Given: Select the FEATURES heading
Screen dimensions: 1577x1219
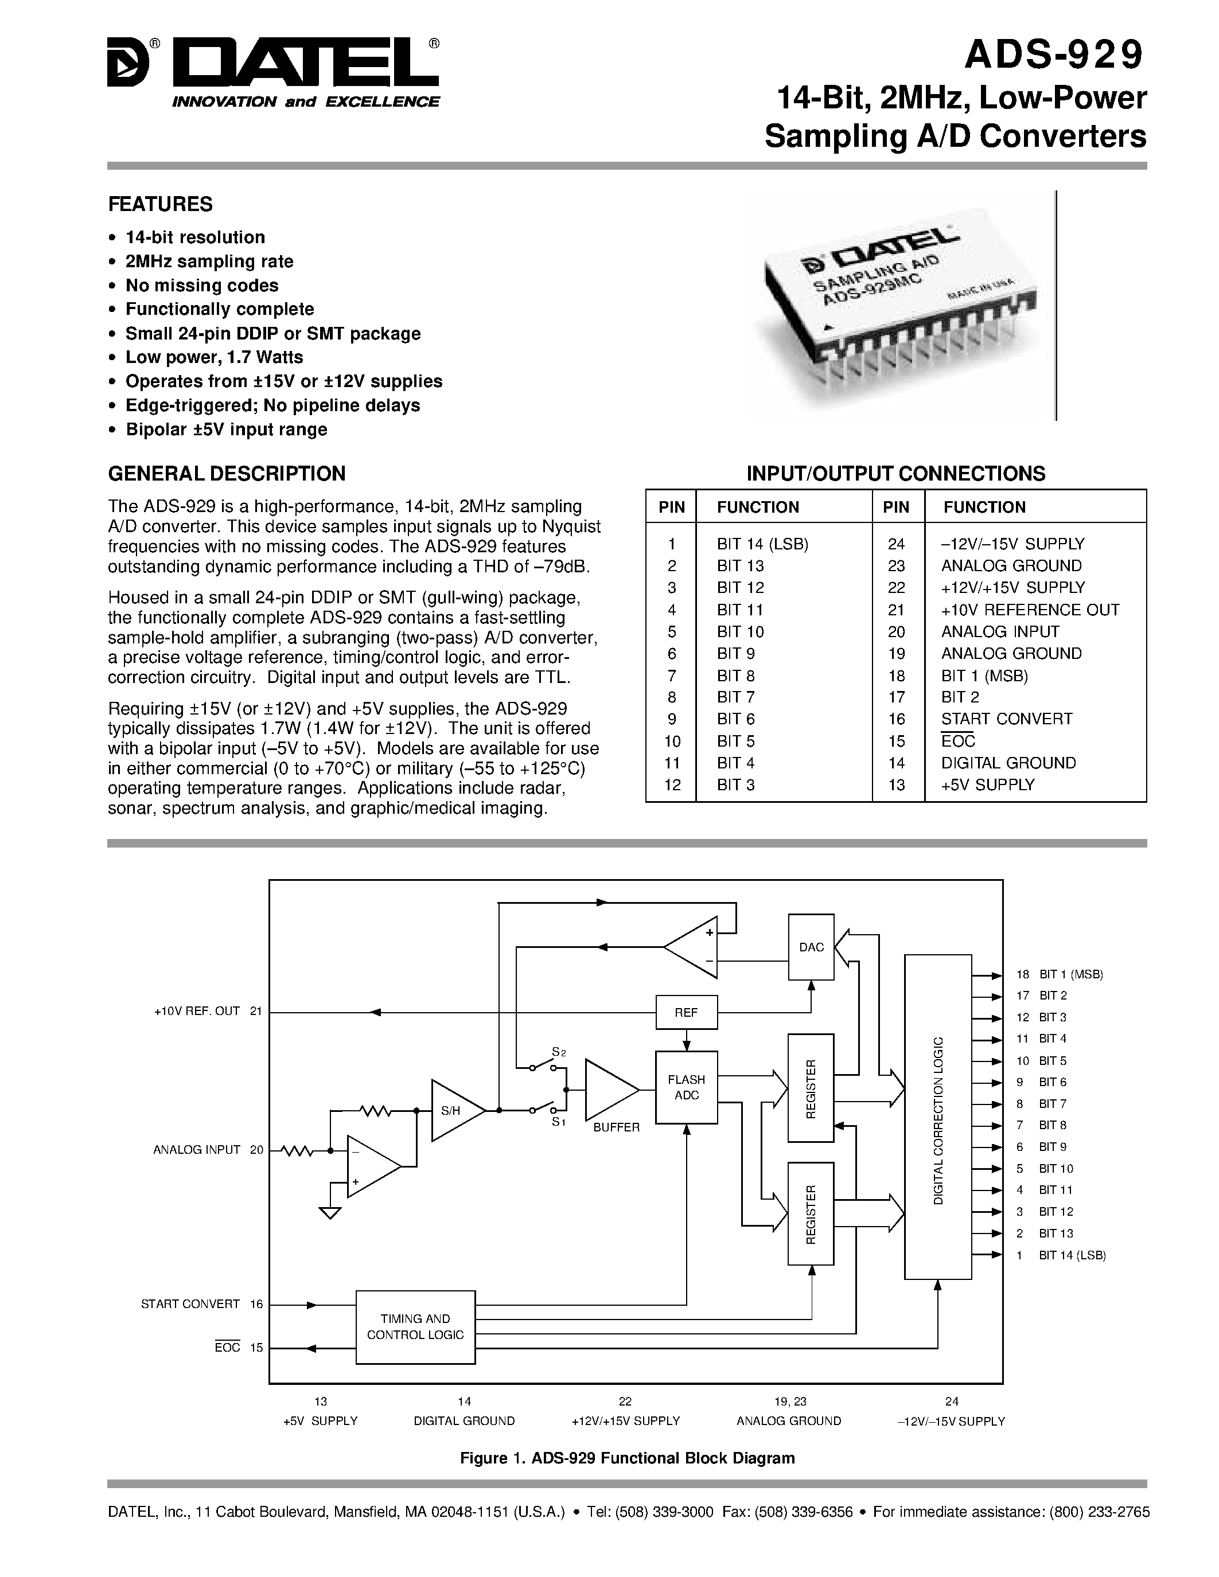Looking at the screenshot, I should pyautogui.click(x=160, y=204).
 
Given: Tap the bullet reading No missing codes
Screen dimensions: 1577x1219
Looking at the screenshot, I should pyautogui.click(x=201, y=285).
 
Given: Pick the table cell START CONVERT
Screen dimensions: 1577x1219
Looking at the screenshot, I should pyautogui.click(x=1006, y=719).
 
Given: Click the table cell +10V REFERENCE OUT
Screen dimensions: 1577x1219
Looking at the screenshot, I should pyautogui.click(x=1030, y=610).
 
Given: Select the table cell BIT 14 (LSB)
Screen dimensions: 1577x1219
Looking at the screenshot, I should pyautogui.click(x=762, y=544).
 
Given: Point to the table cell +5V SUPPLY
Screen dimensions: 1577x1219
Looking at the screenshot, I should pyautogui.click(x=987, y=785).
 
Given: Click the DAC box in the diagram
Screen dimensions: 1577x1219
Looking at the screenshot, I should pyautogui.click(x=811, y=947).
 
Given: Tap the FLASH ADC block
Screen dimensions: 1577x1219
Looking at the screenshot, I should pyautogui.click(x=686, y=1087).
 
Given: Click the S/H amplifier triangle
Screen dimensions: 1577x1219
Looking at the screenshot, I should pyautogui.click(x=454, y=1111).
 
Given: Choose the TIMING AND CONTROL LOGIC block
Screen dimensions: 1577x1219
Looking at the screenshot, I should pyautogui.click(x=415, y=1327).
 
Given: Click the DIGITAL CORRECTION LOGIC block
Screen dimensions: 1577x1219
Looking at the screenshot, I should pyautogui.click(x=937, y=1121).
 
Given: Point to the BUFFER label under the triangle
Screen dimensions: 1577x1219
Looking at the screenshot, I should pyautogui.click(x=616, y=1127).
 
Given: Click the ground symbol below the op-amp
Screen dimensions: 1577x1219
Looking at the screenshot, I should pyautogui.click(x=330, y=1213).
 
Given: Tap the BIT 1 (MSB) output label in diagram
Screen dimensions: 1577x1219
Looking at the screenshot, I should pyautogui.click(x=1071, y=974).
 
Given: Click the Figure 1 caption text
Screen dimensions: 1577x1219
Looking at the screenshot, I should pyautogui.click(x=627, y=1458).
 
